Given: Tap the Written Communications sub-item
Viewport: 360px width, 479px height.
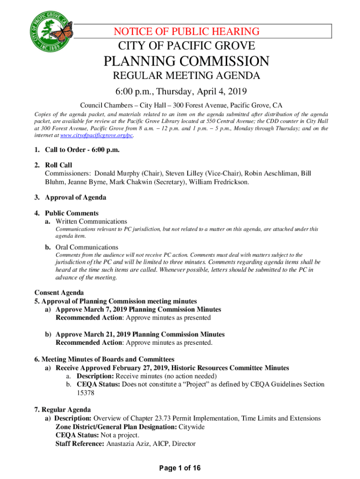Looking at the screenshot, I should [x=91, y=221].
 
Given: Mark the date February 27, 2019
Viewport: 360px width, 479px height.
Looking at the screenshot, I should [x=144, y=368].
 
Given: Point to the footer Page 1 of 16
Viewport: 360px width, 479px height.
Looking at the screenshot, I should [x=180, y=468].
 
